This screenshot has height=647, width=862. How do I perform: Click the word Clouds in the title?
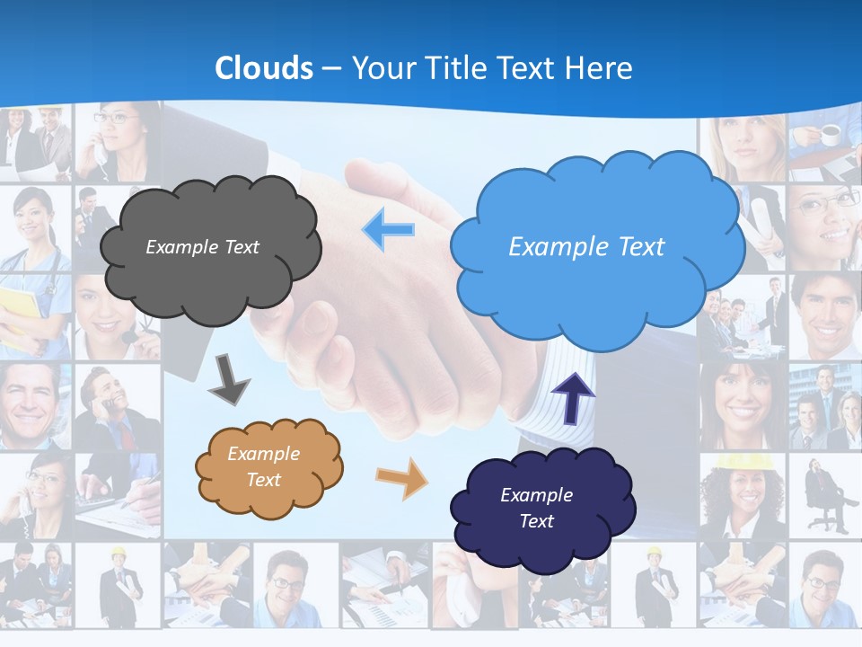tap(264, 68)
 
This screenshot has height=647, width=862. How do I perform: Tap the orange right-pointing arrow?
tap(402, 478)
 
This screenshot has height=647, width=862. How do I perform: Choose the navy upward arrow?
tap(572, 396)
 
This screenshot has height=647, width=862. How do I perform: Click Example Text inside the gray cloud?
tap(202, 247)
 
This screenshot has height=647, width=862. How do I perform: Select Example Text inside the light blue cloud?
tap(586, 247)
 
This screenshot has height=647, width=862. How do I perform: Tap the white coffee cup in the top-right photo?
tap(830, 135)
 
